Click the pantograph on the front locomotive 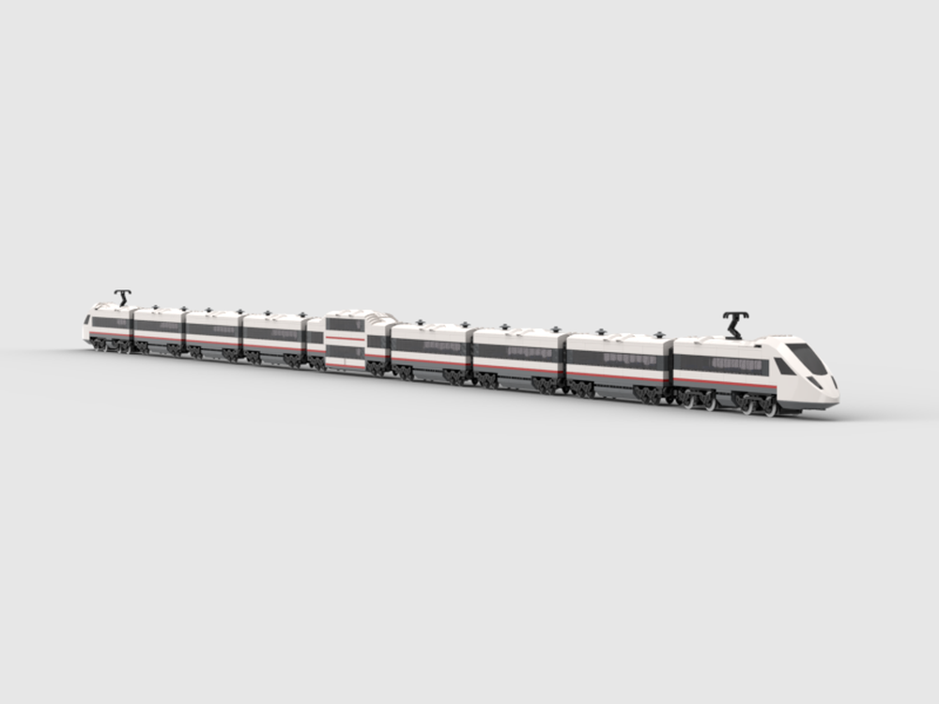735,325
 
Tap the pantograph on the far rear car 123,298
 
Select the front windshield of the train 807,358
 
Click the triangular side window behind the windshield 783,366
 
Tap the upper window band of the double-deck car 345,325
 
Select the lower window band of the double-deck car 345,351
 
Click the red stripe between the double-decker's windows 345,338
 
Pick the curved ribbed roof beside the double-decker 379,318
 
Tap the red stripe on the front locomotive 723,381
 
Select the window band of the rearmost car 111,323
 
